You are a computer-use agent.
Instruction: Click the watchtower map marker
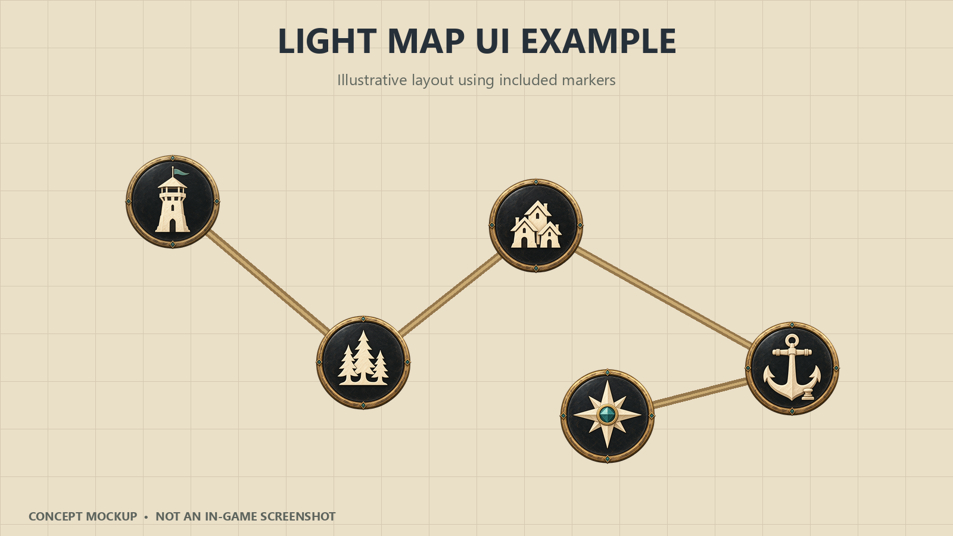pyautogui.click(x=173, y=202)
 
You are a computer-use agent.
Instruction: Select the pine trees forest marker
pyautogui.click(x=363, y=363)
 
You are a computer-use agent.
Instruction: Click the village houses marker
pyautogui.click(x=536, y=226)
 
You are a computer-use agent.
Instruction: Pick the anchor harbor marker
pyautogui.click(x=792, y=369)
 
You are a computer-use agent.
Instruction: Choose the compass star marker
pyautogui.click(x=608, y=416)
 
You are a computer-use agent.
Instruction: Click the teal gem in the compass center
pyautogui.click(x=607, y=415)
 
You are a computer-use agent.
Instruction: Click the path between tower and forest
pyautogui.click(x=268, y=282)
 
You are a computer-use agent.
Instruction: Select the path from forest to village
pyautogui.click(x=450, y=294)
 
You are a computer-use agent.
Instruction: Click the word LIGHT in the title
pyautogui.click(x=327, y=41)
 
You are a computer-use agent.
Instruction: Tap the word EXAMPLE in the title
pyautogui.click(x=599, y=41)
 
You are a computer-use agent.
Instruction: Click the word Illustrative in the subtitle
pyautogui.click(x=372, y=80)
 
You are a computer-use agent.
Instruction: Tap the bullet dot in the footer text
pyautogui.click(x=146, y=517)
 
